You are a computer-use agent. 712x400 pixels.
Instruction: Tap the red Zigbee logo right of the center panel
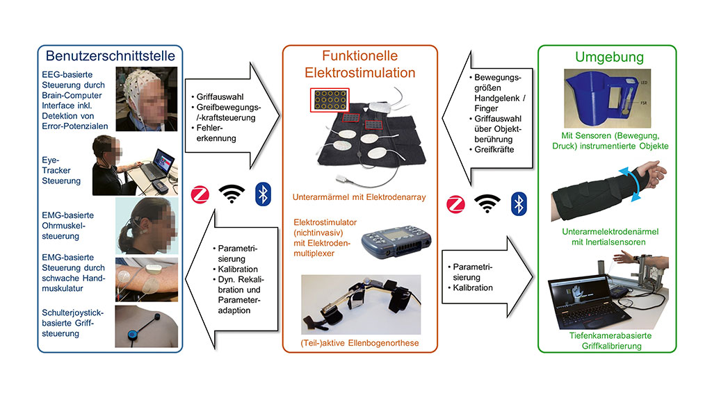[x=455, y=203]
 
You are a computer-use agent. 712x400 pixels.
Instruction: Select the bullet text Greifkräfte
[x=496, y=148]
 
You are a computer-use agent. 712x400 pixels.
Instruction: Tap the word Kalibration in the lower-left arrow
[x=238, y=269]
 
